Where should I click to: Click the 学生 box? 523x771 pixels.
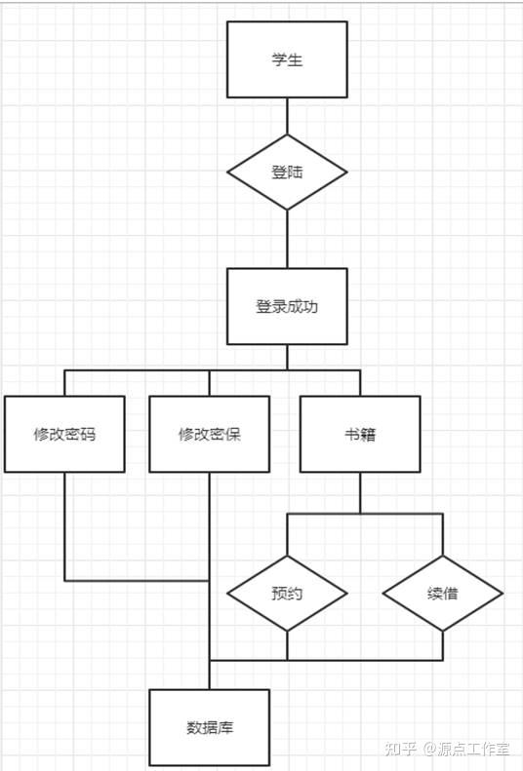[x=287, y=59]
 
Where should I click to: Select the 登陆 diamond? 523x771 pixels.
[x=287, y=173]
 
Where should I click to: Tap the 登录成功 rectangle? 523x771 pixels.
[x=287, y=306]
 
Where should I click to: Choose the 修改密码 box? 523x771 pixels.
[x=64, y=434]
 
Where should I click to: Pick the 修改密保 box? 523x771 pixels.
[x=209, y=434]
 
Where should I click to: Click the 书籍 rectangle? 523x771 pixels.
[x=360, y=434]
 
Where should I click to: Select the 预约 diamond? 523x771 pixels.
[x=287, y=594]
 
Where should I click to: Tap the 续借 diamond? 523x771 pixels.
[x=443, y=594]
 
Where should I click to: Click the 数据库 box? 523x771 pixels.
[x=209, y=727]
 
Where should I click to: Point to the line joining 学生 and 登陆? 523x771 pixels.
[x=287, y=116]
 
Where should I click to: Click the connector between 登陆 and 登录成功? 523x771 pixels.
[x=287, y=239]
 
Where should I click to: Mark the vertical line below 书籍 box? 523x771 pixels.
[x=360, y=492]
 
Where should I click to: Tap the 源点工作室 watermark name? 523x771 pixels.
[x=473, y=749]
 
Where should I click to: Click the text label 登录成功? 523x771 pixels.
[x=287, y=306]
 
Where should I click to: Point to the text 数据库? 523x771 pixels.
[x=209, y=727]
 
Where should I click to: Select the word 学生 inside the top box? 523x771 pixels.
[x=287, y=59]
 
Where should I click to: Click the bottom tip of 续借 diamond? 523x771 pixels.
[x=443, y=632]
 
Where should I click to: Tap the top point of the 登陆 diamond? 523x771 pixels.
[x=287, y=135]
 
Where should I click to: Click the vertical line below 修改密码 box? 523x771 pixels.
[x=65, y=526]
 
